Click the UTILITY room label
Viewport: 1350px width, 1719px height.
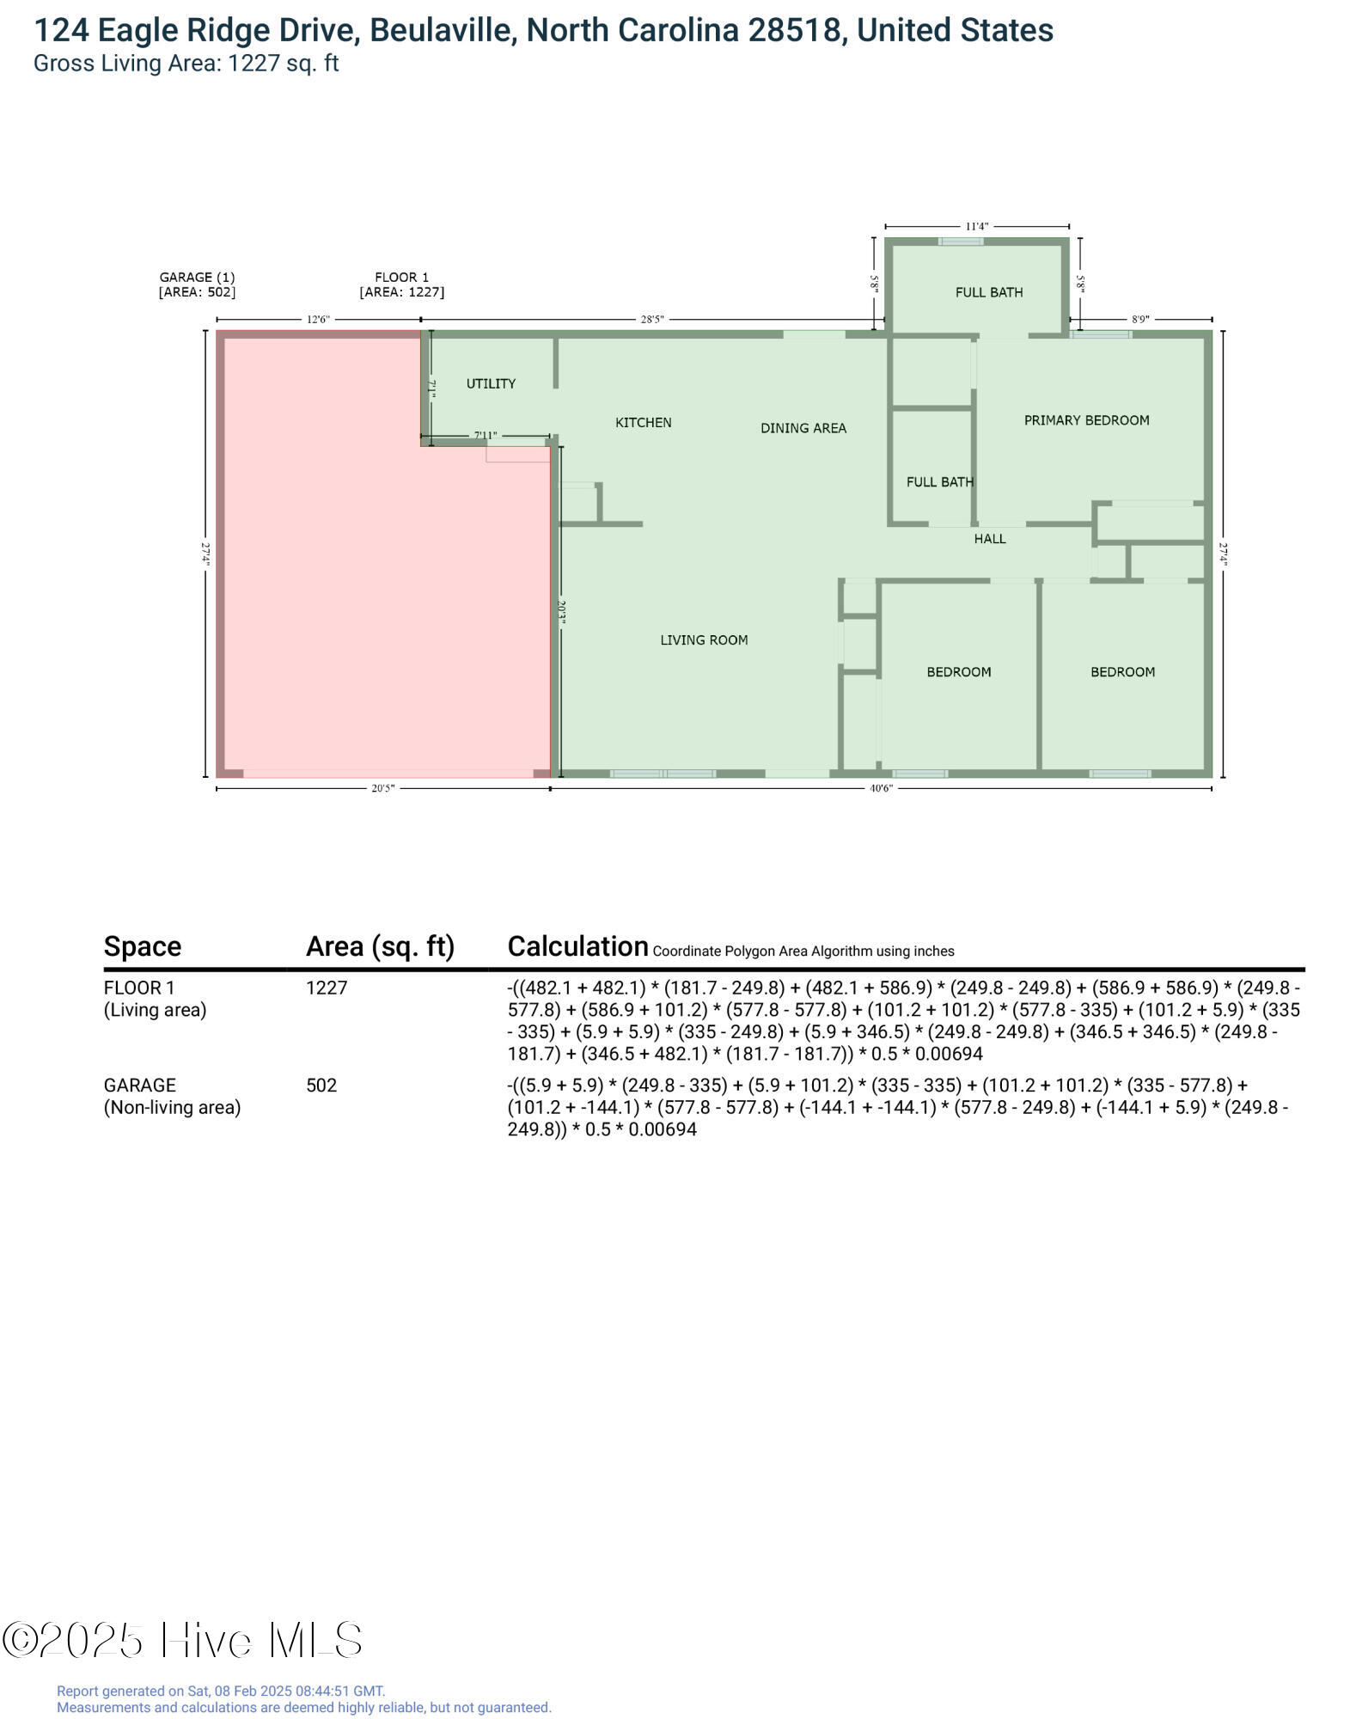pos(491,383)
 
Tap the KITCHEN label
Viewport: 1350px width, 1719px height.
pos(643,422)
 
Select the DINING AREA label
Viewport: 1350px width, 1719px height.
pos(803,427)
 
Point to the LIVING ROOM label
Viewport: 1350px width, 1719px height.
pos(703,639)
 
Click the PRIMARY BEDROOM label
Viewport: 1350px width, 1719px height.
pos(1085,419)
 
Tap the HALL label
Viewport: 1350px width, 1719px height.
pos(989,538)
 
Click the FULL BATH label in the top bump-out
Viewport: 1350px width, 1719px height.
pos(988,292)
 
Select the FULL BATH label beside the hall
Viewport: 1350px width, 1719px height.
pos(939,481)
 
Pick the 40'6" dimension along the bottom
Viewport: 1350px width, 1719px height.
pos(881,788)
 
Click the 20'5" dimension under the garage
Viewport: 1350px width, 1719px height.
pos(382,788)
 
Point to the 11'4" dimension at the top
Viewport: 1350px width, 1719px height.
pos(976,226)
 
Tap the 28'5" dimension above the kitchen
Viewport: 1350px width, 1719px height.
pos(651,319)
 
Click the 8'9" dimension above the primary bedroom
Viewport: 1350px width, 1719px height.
pos(1139,319)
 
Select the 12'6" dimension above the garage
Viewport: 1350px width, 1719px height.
pos(318,319)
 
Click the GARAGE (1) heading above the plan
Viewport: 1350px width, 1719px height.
pos(197,277)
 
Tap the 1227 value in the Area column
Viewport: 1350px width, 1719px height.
pos(327,988)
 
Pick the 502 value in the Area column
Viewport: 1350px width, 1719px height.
pos(321,1085)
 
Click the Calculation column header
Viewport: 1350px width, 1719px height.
pos(577,945)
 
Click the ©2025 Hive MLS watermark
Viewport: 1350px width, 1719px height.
pos(182,1640)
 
